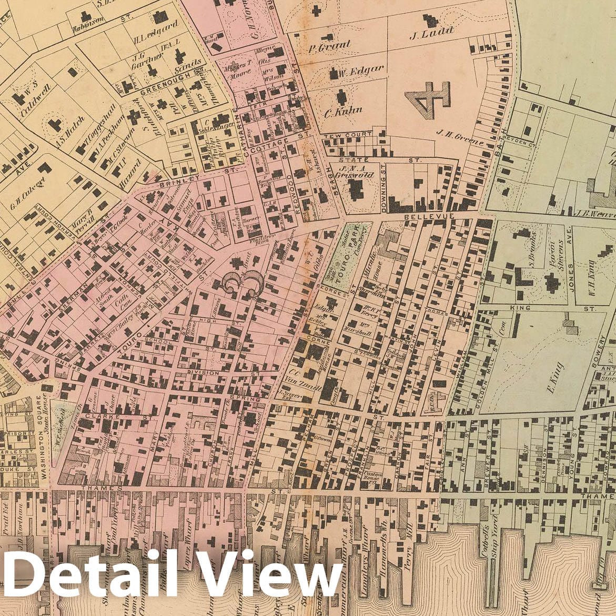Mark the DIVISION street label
click(203, 372)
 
